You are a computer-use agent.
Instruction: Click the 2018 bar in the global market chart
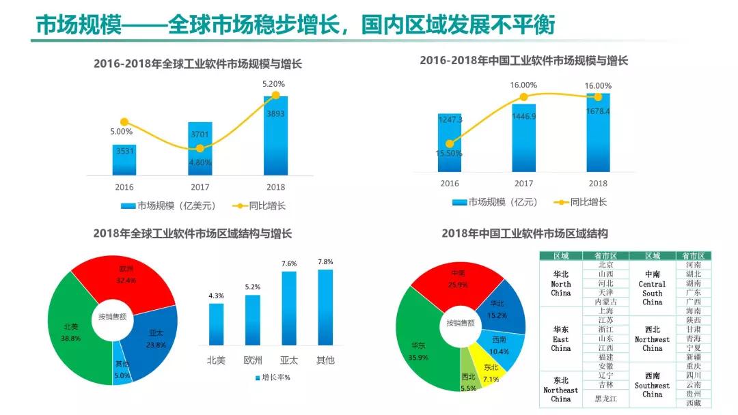[x=275, y=137]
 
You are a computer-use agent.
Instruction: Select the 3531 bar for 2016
[x=124, y=159]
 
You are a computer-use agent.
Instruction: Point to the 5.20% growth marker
[x=275, y=96]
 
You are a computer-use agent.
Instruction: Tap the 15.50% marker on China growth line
[x=450, y=143]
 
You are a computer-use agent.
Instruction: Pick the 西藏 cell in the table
[x=693, y=403]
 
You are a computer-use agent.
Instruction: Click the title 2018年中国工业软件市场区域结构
[x=524, y=233]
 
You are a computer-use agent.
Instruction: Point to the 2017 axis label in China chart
[x=523, y=184]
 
